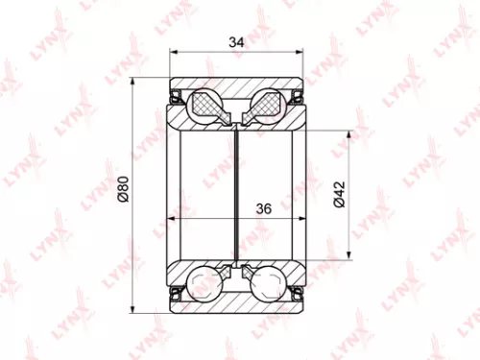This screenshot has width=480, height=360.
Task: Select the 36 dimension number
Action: [265, 207]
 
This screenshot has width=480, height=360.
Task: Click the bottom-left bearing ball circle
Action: [204, 284]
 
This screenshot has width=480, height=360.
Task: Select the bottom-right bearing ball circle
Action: [266, 284]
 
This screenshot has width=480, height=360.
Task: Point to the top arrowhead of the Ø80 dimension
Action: [132, 80]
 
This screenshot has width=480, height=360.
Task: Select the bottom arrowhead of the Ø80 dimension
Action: [132, 310]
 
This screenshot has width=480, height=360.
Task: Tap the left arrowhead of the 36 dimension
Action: [171, 220]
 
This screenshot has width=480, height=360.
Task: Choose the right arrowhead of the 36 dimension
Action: [301, 220]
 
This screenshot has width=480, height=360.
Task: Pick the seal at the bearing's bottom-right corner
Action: [297, 291]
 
